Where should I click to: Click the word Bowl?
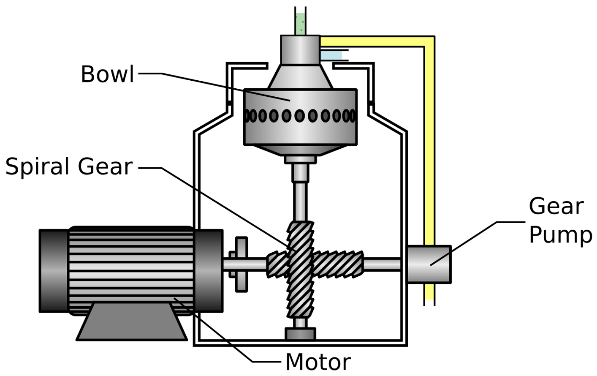click(107, 74)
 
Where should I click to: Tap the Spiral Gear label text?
click(69, 166)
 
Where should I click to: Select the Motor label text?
click(317, 362)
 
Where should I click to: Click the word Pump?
click(560, 235)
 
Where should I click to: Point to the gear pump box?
click(429, 264)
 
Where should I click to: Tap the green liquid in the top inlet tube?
click(300, 23)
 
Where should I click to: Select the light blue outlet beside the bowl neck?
click(331, 55)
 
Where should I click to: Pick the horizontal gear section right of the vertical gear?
click(338, 264)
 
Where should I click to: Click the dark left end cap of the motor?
click(54, 271)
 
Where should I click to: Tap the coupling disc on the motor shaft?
click(241, 264)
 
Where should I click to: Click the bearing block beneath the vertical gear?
click(300, 334)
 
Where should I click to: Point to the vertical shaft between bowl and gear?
click(300, 199)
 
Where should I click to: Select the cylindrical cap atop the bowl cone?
click(300, 50)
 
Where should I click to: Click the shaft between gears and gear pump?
click(382, 264)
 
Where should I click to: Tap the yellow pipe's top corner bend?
click(429, 41)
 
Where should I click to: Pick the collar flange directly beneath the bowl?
click(300, 159)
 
